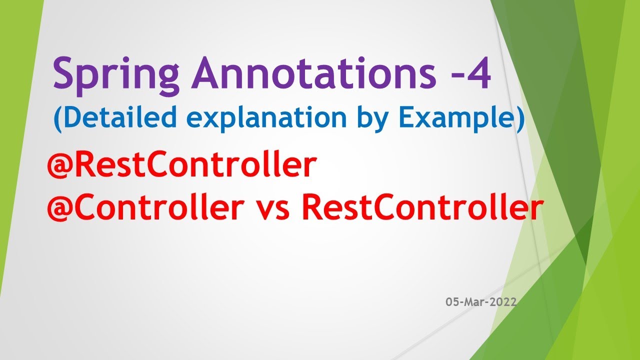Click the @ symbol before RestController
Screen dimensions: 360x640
(60, 167)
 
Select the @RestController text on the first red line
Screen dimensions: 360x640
(182, 166)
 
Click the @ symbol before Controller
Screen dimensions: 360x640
(60, 209)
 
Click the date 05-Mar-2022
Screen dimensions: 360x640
(481, 302)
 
